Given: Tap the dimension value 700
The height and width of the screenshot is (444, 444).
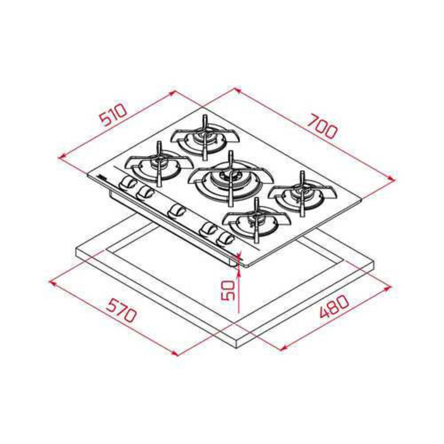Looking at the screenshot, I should [x=323, y=127].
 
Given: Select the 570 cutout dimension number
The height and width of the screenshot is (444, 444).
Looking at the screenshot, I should [x=121, y=310].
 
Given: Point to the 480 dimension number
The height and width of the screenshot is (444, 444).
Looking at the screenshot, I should [x=334, y=306].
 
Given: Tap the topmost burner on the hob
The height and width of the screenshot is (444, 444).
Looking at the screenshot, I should [x=205, y=137].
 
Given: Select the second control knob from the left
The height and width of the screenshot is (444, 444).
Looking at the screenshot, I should [x=145, y=192].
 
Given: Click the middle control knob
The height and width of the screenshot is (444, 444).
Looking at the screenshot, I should [x=175, y=211].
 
